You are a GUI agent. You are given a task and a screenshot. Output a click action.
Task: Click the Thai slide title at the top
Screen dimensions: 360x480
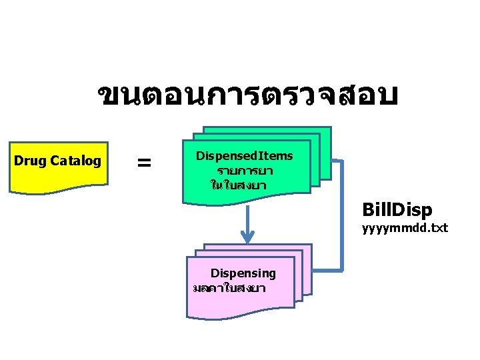247,97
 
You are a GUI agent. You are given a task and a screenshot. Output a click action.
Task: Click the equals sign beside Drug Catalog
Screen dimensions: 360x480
143,162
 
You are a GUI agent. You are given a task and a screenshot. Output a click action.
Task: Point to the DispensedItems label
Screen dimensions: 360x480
244,155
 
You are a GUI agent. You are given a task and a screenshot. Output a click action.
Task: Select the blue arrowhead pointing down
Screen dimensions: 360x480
248,236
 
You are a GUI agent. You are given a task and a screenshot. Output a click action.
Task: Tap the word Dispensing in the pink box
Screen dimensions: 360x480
243,273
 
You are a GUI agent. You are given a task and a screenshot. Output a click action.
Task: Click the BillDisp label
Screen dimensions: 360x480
397,211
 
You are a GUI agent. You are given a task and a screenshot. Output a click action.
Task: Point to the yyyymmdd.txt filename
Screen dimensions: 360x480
405,229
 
